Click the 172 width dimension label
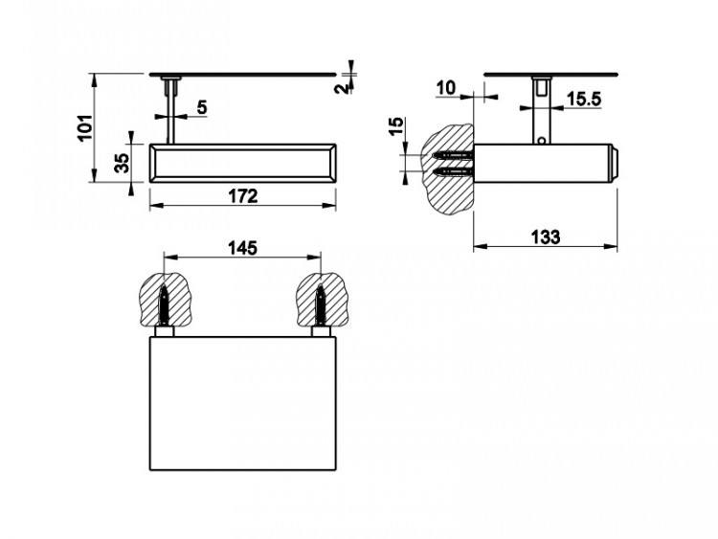(x=243, y=196)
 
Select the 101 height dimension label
(x=85, y=128)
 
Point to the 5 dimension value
(x=202, y=107)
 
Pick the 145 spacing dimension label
(x=243, y=248)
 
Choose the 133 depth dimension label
(x=546, y=237)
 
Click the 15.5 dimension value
(x=584, y=99)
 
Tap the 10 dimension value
(x=446, y=87)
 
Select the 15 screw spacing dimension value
(x=397, y=126)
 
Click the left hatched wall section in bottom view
(x=164, y=299)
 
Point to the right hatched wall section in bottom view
(x=321, y=300)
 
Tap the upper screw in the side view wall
(x=453, y=156)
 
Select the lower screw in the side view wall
(x=453, y=172)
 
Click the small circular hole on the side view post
(x=541, y=141)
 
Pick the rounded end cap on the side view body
(x=615, y=164)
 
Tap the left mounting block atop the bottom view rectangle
(x=164, y=332)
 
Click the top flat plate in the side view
(x=550, y=74)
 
